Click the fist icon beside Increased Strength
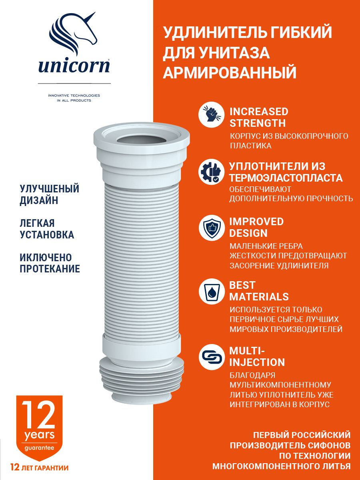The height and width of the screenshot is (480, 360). point(211,115)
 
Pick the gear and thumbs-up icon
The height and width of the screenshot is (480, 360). point(211,172)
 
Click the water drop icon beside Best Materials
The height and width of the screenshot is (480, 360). point(211,291)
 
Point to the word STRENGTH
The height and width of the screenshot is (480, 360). point(258,123)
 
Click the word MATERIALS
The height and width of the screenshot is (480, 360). point(259,297)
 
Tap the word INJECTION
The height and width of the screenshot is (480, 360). point(257,362)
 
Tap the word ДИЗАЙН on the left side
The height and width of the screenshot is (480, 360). point(39,200)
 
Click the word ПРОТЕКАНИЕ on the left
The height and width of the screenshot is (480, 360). point(50,269)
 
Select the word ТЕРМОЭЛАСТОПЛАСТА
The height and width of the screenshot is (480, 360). point(286,178)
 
